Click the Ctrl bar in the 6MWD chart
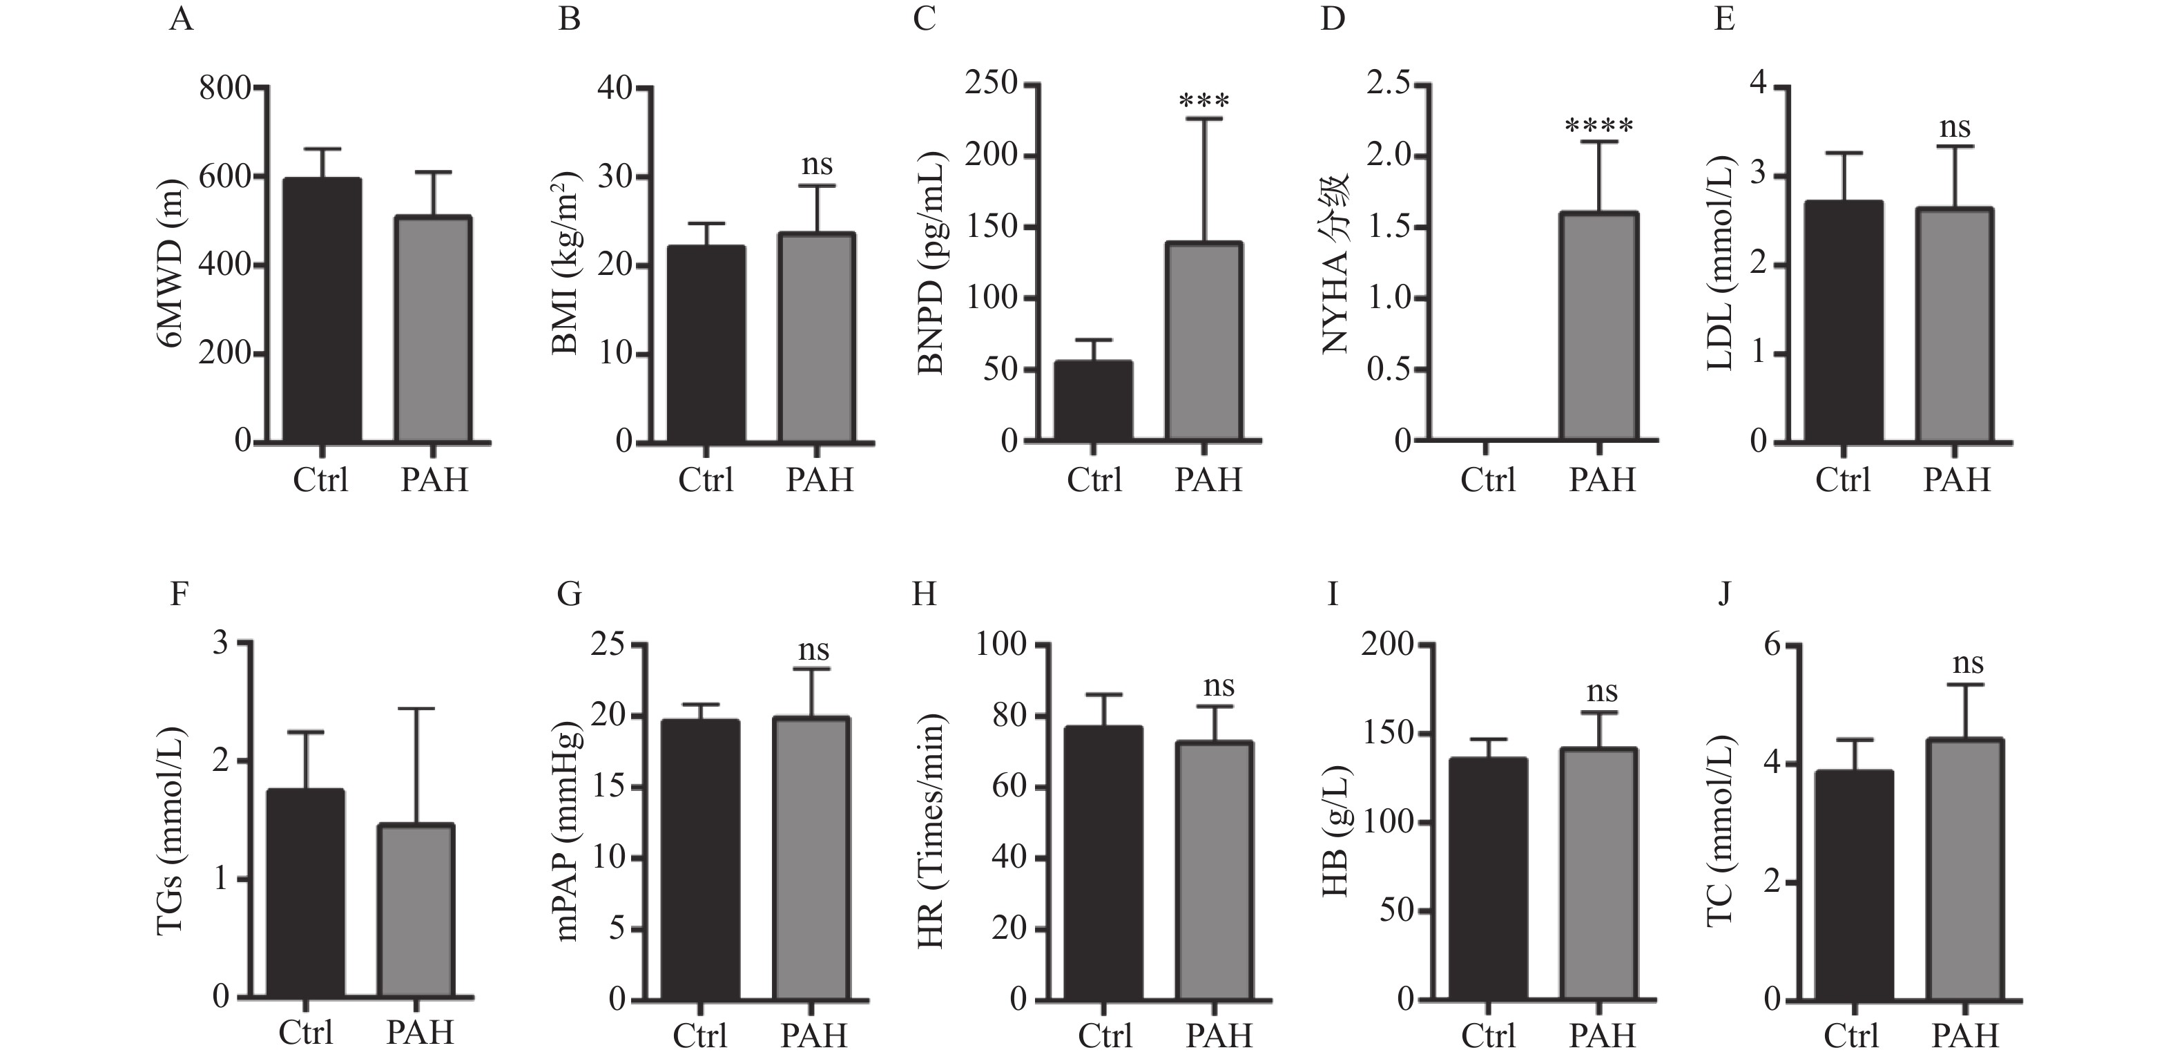point(322,310)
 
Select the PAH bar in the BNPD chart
point(1204,341)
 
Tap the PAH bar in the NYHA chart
point(1599,326)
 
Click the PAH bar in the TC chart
point(1964,870)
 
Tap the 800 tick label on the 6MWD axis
point(224,88)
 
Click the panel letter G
point(569,595)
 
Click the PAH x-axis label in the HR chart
point(1219,1036)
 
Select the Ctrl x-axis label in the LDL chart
point(1842,479)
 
